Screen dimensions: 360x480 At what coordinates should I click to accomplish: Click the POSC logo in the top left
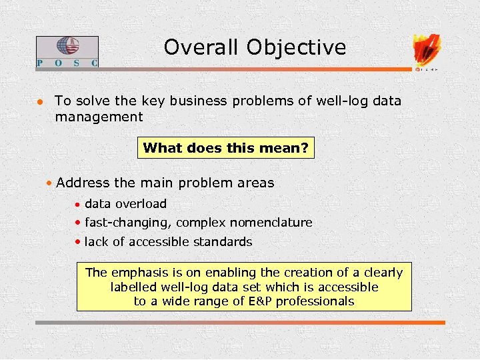[x=67, y=51]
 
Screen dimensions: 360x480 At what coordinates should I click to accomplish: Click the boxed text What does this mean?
[x=225, y=148]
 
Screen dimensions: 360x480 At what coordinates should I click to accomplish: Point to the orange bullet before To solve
[x=40, y=102]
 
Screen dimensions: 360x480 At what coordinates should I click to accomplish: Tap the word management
[x=99, y=117]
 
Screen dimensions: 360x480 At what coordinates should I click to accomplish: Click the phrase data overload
[x=125, y=204]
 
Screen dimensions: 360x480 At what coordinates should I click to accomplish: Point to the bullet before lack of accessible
[x=79, y=242]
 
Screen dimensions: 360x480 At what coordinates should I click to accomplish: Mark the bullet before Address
[x=50, y=183]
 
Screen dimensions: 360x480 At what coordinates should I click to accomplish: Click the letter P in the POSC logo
[x=40, y=63]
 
